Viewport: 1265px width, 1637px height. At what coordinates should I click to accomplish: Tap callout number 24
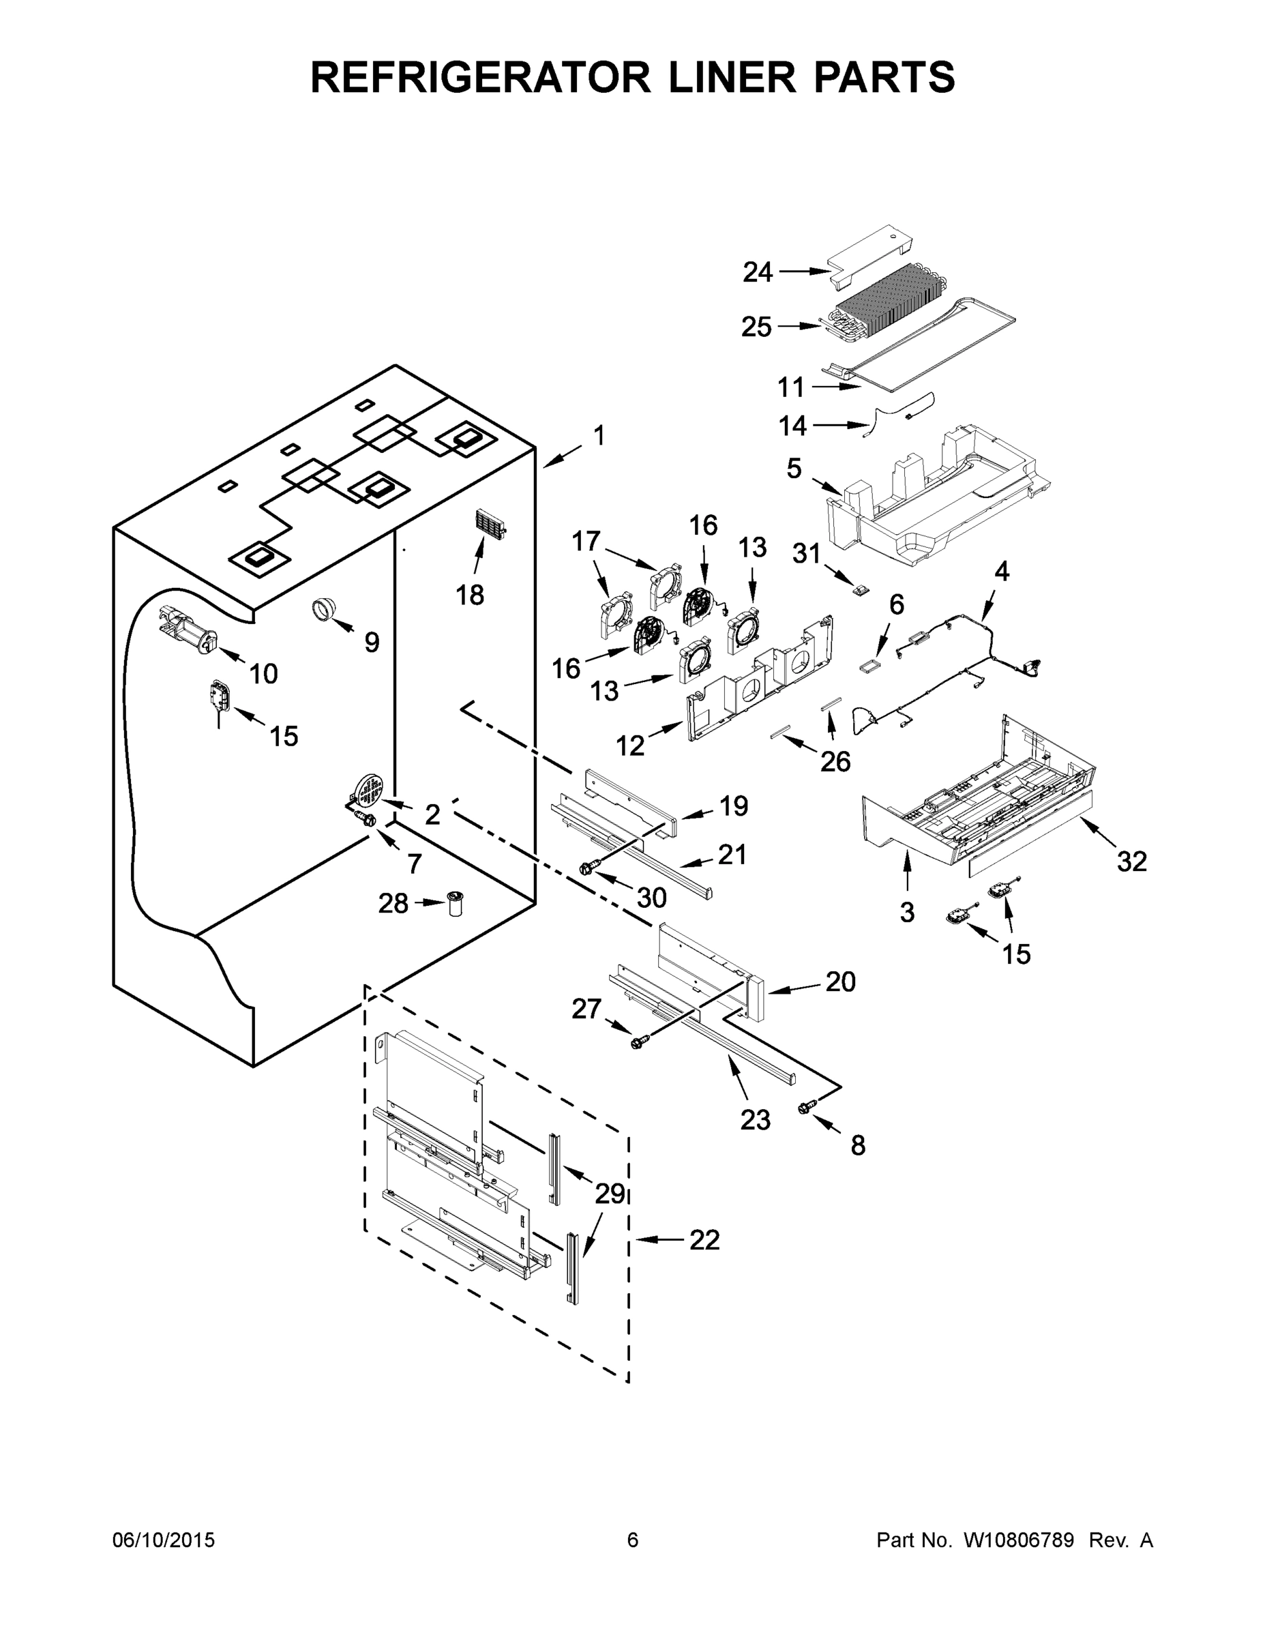point(758,273)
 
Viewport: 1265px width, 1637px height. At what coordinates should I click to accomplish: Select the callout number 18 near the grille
point(470,595)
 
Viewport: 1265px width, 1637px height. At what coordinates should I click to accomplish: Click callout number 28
point(393,903)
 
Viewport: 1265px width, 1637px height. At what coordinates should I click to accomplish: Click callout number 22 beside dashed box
point(704,1240)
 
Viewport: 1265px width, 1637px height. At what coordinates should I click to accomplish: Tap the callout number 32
point(1131,862)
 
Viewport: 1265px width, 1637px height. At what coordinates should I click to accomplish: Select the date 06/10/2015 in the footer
point(164,1539)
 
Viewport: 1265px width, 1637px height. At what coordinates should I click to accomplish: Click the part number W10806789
point(1017,1539)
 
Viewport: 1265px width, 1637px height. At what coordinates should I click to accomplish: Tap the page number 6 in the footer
point(633,1539)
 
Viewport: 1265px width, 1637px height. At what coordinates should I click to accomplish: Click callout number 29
point(610,1193)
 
